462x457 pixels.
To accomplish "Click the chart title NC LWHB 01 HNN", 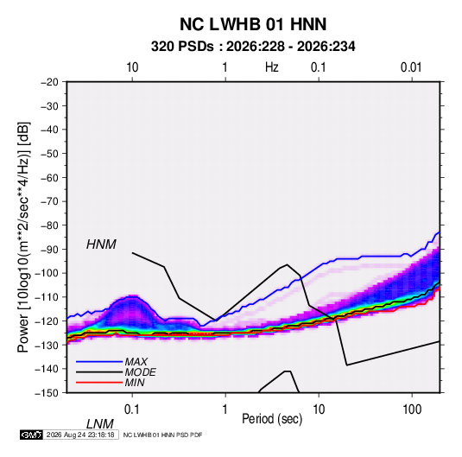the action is [253, 24].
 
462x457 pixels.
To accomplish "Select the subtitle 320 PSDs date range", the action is [253, 47].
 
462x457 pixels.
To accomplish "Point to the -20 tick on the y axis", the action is [49, 82].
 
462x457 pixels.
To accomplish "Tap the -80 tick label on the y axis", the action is [49, 225].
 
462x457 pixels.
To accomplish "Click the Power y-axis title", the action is [23, 238].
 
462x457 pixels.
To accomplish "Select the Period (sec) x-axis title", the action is [272, 418].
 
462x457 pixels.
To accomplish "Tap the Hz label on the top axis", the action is [272, 67].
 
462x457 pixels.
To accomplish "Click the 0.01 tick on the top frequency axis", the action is [411, 67].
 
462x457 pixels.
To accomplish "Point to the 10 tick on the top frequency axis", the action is [132, 67].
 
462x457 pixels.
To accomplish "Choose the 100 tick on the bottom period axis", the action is [412, 409].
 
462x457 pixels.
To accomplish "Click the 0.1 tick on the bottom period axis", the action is [132, 409].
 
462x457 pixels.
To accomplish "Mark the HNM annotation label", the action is [101, 244].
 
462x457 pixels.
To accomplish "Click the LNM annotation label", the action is [99, 424].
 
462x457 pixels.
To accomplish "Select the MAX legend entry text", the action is [136, 361].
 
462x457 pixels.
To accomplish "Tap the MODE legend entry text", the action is [140, 372].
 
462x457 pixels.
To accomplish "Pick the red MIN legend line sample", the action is [99, 383].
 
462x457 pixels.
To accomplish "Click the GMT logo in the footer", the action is [32, 435].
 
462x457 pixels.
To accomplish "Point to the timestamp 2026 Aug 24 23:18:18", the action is [80, 435].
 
